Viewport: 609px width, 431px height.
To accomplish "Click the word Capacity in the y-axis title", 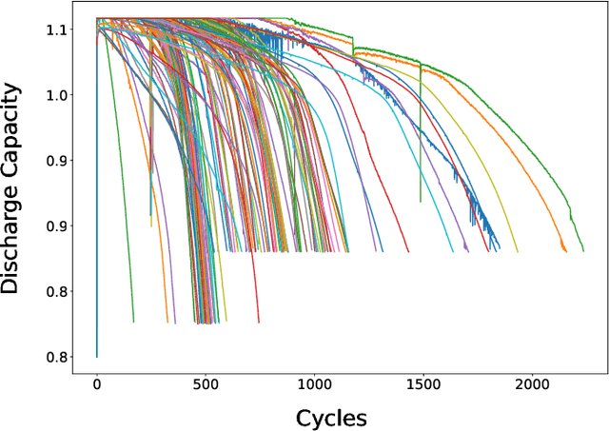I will (13, 121).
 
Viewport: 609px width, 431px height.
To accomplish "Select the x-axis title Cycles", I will (331, 418).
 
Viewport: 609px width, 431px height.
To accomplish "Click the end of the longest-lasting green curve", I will (582, 250).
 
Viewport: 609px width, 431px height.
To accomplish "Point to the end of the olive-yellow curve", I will (518, 251).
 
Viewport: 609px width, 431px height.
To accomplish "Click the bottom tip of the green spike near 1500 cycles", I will (421, 202).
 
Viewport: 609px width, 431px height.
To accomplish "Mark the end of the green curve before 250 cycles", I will (133, 323).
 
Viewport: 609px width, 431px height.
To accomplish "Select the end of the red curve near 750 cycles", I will (259, 323).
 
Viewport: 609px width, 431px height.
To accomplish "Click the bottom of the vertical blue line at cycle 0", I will (96, 356).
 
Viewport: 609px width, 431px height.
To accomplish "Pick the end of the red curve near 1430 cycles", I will (408, 251).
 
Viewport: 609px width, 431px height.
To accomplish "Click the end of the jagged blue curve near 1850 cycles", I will (499, 250).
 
